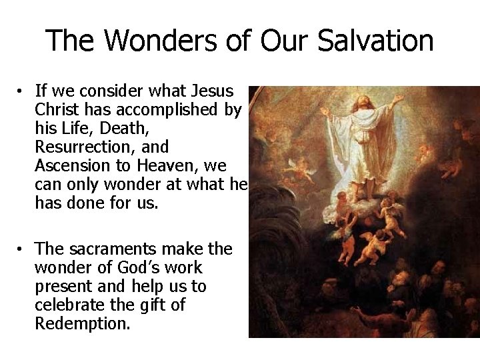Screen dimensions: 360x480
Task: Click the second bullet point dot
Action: click(x=22, y=249)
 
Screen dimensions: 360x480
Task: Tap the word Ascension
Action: click(x=71, y=163)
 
